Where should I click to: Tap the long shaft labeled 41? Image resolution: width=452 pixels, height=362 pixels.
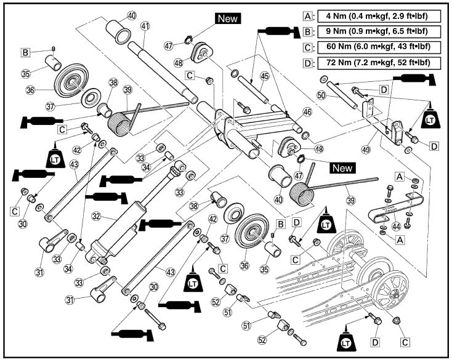[x=166, y=68]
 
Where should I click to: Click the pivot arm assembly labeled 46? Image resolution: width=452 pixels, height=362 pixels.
[x=259, y=126]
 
